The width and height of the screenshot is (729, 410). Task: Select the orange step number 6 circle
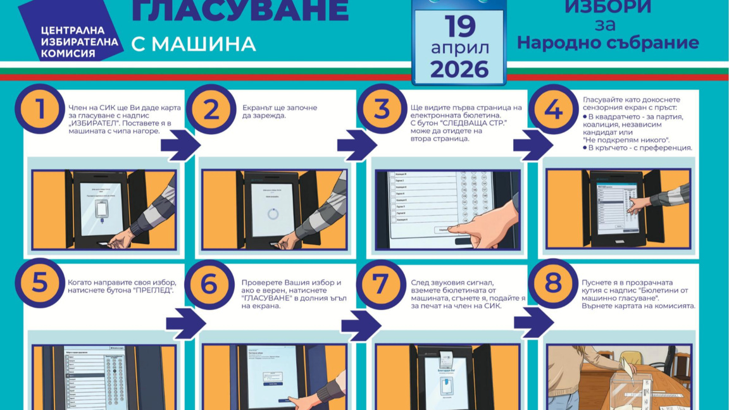(209, 284)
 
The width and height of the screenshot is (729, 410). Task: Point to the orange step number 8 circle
(553, 284)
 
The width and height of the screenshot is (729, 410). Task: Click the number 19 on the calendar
(459, 27)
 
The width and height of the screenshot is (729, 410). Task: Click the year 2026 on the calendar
(459, 69)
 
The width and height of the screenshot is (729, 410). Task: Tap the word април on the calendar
(459, 48)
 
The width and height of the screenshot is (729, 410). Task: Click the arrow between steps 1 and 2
(180, 145)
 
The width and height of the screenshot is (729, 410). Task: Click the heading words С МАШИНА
(194, 44)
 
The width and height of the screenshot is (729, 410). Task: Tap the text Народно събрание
(607, 43)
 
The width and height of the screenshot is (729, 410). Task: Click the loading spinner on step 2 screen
(273, 214)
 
